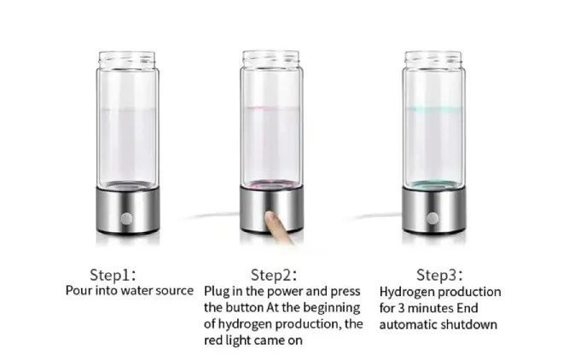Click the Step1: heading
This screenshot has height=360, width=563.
click(x=113, y=275)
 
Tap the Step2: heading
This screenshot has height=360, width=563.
click(x=274, y=275)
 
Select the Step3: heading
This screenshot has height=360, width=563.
click(x=439, y=275)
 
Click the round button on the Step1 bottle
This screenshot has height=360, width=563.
click(x=126, y=218)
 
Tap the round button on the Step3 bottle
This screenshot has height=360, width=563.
click(x=432, y=218)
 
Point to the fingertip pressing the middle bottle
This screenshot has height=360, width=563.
click(x=270, y=217)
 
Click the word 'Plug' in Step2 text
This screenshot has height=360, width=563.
click(x=217, y=292)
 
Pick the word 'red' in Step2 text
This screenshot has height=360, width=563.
click(x=213, y=340)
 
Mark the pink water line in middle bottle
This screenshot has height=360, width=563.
click(x=271, y=107)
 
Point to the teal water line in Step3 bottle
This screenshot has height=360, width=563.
click(x=433, y=108)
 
